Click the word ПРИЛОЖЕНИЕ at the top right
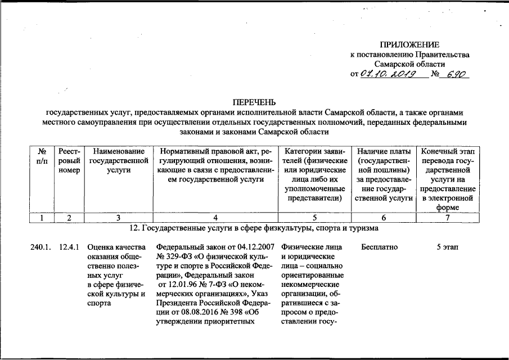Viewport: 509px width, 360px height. [x=409, y=44]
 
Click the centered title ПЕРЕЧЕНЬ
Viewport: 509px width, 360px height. [x=255, y=102]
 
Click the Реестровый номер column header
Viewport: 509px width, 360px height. [x=69, y=161]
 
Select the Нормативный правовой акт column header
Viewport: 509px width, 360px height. [x=215, y=165]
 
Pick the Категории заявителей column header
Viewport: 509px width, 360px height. [x=314, y=174]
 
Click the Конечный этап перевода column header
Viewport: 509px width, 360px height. [x=447, y=179]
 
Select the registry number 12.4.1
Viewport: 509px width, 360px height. [x=69, y=247]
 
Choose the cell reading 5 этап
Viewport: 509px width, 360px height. [x=447, y=247]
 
